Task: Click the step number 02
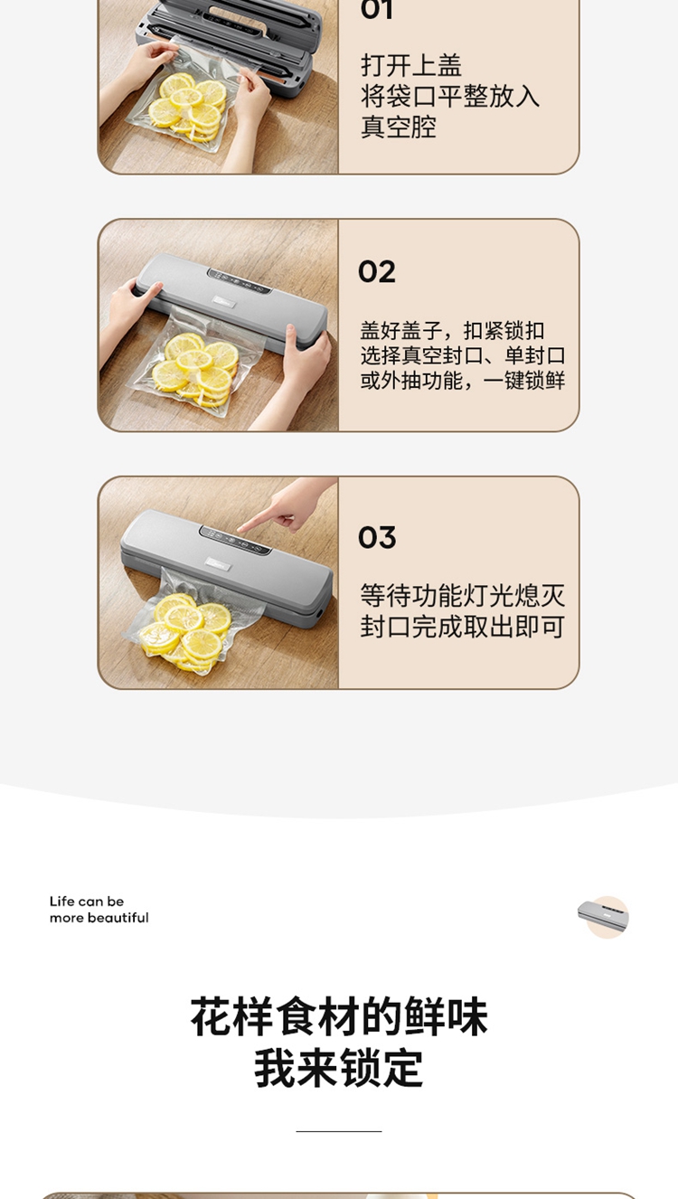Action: (377, 271)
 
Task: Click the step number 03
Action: (377, 537)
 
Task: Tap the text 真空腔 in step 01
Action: (398, 127)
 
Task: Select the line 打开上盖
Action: (411, 66)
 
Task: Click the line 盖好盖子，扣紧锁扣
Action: (452, 331)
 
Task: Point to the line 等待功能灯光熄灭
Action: (462, 596)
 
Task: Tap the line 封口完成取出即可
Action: (462, 627)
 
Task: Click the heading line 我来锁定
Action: (339, 1069)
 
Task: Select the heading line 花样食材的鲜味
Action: (339, 1016)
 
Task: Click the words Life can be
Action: (87, 902)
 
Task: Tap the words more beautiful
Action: (99, 918)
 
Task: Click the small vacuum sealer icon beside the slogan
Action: (603, 916)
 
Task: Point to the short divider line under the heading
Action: (339, 1131)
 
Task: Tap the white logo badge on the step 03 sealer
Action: (219, 563)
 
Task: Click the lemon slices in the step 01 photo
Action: (188, 105)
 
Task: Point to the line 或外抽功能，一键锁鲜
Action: (462, 381)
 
